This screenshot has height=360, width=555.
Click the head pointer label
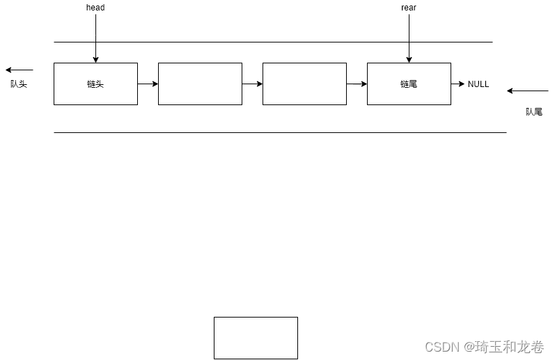pyautogui.click(x=95, y=8)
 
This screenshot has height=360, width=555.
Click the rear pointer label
pyautogui.click(x=409, y=8)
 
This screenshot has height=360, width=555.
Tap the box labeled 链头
pyautogui.click(x=95, y=84)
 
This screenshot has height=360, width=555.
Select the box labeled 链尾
pyautogui.click(x=409, y=84)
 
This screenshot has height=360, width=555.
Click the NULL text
pyautogui.click(x=478, y=84)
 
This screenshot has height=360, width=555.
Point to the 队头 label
pyautogui.click(x=19, y=84)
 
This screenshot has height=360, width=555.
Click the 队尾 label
pyautogui.click(x=534, y=111)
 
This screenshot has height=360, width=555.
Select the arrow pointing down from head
pyautogui.click(x=95, y=38)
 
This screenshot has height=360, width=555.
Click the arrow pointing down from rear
pyautogui.click(x=409, y=38)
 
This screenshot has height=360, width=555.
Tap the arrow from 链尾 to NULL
pyautogui.click(x=458, y=84)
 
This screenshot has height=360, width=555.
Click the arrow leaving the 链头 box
pyautogui.click(x=148, y=84)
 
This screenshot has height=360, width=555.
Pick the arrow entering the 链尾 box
pyautogui.click(x=357, y=84)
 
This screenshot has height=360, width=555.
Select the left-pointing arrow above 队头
pyautogui.click(x=19, y=70)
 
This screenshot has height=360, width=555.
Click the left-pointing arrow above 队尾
pyautogui.click(x=528, y=91)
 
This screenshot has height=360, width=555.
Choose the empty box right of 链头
pyautogui.click(x=200, y=84)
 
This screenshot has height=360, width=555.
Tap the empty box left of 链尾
pyautogui.click(x=304, y=84)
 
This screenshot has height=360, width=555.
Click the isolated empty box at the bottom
pyautogui.click(x=256, y=338)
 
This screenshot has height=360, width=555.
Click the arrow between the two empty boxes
pyautogui.click(x=252, y=84)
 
